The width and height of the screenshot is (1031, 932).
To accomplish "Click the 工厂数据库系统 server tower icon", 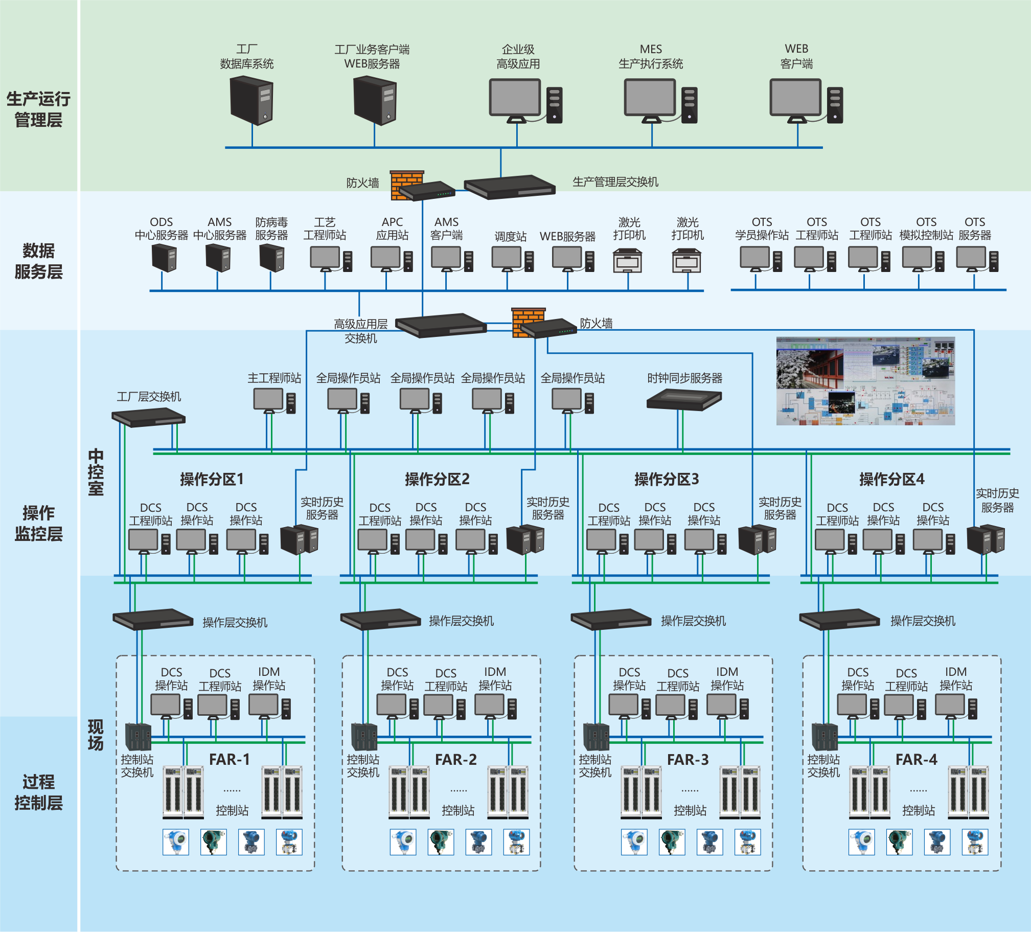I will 251,100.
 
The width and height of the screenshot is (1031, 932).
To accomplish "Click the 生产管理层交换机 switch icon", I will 509,187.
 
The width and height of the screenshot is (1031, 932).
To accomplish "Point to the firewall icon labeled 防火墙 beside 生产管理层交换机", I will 407,184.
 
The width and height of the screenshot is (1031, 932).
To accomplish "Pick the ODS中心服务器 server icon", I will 164,257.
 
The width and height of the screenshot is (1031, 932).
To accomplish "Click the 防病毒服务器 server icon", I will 271,257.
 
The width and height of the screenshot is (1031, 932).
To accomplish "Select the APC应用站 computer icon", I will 391,259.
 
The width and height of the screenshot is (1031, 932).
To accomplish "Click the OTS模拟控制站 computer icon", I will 923,259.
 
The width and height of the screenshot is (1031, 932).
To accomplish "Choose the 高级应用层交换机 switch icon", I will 441,325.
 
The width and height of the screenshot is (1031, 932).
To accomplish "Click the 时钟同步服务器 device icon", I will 684,399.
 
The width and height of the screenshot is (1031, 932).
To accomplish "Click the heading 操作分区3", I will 667,480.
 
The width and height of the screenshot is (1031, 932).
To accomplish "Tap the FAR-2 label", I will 455,760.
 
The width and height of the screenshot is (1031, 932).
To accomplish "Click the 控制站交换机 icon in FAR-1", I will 138,737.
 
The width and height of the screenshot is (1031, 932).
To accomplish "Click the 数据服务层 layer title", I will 38,261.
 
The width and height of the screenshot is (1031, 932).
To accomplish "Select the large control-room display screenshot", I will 865,380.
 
